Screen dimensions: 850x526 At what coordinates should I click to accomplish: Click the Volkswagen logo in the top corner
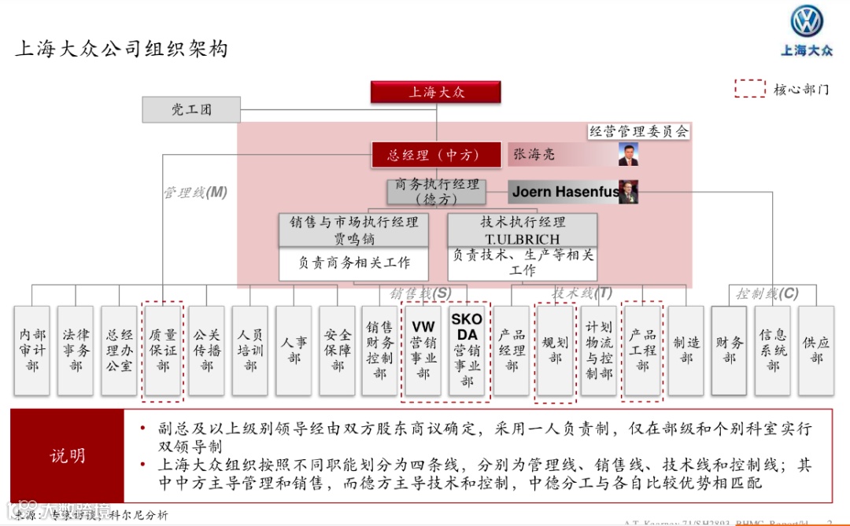805,23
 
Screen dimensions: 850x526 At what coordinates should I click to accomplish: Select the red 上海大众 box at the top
436,92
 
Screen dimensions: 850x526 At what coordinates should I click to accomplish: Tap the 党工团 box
191,110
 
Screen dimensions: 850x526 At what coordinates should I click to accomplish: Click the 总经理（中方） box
436,155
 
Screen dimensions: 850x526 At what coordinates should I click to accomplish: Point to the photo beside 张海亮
628,154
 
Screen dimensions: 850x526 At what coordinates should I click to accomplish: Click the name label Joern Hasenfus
564,192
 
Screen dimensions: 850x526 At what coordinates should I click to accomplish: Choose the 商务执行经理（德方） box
437,192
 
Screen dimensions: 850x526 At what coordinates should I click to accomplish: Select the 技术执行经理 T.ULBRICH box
523,230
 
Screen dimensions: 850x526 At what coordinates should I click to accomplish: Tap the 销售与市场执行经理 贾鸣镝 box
353,230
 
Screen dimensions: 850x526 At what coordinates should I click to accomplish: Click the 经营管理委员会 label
639,131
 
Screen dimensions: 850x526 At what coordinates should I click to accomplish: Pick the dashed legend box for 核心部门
750,89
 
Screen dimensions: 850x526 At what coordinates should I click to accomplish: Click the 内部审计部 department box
32,350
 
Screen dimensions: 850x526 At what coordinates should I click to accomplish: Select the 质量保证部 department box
163,350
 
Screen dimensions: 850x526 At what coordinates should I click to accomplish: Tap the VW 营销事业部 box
423,350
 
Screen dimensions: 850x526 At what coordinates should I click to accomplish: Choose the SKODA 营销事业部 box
467,350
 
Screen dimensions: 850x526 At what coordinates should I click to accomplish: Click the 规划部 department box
555,350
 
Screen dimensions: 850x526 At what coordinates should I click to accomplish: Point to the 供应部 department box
816,350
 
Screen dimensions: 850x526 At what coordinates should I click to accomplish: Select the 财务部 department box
728,350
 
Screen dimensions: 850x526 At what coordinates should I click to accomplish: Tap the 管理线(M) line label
195,192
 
